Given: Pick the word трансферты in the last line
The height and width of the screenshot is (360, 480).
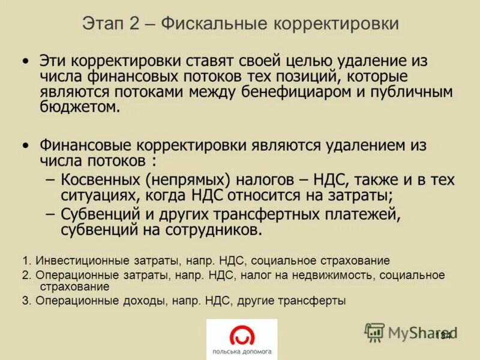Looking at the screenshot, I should pos(316,301).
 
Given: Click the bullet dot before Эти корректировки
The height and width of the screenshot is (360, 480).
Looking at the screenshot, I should pos(25,61).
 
